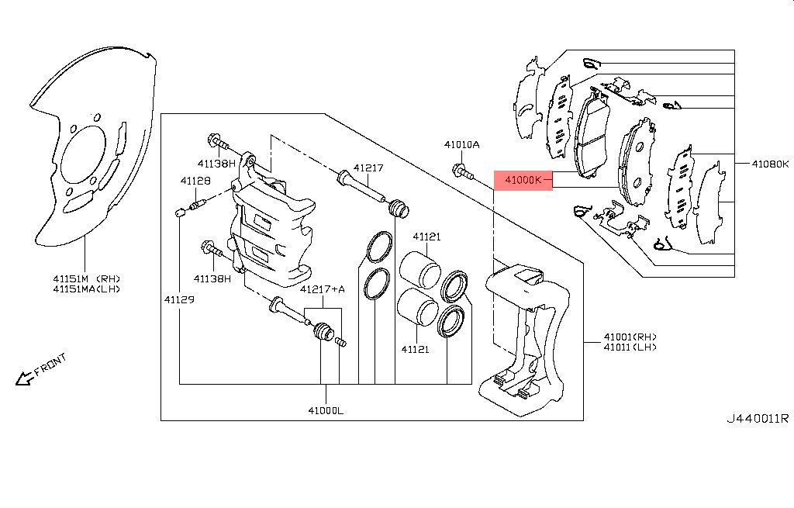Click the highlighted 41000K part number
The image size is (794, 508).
click(523, 180)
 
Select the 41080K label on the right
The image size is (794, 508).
click(770, 164)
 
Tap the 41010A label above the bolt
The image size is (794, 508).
click(462, 145)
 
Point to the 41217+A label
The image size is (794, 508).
click(322, 289)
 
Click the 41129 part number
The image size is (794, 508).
click(179, 300)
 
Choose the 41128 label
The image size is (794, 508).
click(195, 181)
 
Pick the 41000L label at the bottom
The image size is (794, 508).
click(326, 410)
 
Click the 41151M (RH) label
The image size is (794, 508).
click(87, 278)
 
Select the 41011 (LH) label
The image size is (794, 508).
click(630, 347)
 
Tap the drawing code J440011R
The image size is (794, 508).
click(758, 419)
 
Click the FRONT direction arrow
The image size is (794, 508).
click(24, 378)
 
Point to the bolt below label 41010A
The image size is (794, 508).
click(462, 171)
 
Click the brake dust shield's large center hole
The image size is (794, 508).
click(83, 154)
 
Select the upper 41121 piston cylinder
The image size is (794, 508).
click(419, 269)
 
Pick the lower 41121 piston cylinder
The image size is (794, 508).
click(417, 307)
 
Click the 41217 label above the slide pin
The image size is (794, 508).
click(368, 168)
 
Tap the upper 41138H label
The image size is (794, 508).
click(216, 164)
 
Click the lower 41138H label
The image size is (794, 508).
click(212, 278)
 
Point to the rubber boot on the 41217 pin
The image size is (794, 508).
click(398, 209)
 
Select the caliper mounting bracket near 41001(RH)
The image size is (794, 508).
click(524, 340)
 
